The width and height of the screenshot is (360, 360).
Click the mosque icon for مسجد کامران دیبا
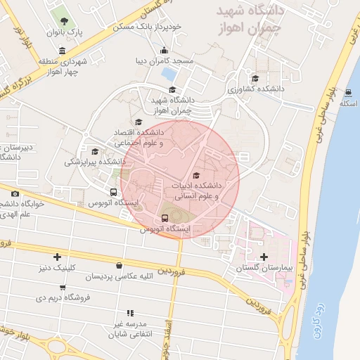point(165,49)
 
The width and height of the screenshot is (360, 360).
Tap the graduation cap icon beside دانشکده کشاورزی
point(255,78)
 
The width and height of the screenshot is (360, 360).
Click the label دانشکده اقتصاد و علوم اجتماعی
point(140,137)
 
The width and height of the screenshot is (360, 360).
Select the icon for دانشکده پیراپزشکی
point(94,151)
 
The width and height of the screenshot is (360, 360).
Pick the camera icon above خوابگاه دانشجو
point(15,193)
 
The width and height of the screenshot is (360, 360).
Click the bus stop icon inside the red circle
point(165,217)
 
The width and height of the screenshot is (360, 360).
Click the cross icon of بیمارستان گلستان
point(264,257)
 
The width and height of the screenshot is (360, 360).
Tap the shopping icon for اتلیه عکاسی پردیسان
point(119,266)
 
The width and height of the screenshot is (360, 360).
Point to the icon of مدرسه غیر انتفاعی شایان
point(129,313)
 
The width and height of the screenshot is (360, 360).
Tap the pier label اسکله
point(348,104)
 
